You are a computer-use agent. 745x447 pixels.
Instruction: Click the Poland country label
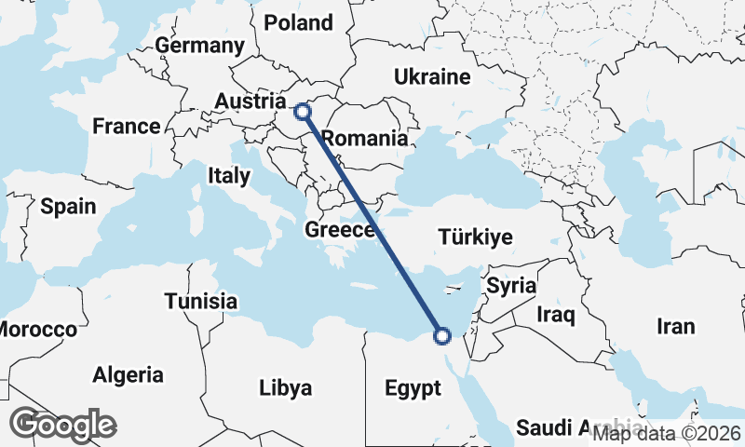[298, 22]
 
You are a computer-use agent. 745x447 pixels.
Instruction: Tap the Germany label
[199, 46]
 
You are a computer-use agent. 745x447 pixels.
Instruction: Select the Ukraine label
[432, 76]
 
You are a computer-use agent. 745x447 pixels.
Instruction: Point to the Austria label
[249, 101]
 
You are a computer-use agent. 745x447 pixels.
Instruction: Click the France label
[127, 126]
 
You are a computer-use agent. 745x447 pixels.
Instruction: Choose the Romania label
[364, 139]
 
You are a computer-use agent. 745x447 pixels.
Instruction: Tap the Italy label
[228, 175]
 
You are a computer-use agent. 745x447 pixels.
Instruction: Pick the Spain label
[68, 206]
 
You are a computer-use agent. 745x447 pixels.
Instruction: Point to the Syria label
[511, 285]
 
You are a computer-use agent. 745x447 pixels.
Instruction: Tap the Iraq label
[556, 315]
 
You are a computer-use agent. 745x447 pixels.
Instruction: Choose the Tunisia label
[200, 301]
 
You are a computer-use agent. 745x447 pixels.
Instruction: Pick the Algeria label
[128, 375]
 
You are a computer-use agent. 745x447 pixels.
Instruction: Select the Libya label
[286, 387]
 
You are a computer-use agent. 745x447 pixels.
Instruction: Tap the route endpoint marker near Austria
[303, 112]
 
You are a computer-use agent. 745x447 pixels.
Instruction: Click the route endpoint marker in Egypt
[442, 335]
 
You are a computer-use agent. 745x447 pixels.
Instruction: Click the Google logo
[62, 425]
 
